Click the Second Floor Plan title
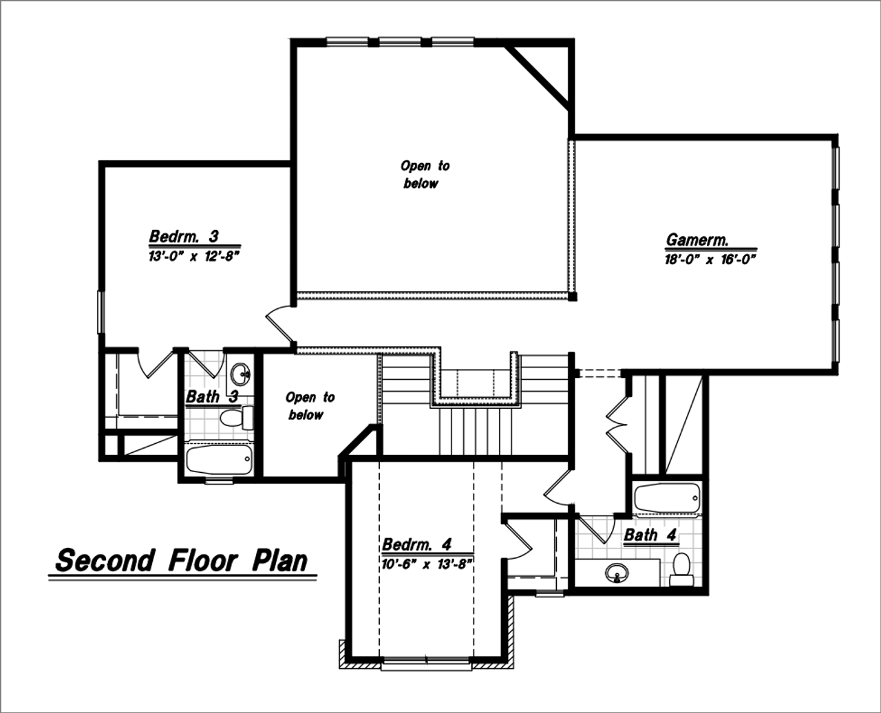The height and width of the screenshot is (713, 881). point(182,560)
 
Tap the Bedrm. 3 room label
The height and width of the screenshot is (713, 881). point(184,237)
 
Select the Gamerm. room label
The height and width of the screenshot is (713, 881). point(697,240)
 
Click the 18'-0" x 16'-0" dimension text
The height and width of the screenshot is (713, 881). point(710,259)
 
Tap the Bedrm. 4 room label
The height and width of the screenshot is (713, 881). point(416,544)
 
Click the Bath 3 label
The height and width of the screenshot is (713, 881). point(212,397)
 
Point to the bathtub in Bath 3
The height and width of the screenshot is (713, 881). point(220,459)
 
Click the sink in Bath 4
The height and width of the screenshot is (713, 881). point(617,573)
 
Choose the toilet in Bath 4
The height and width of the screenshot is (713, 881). point(681,567)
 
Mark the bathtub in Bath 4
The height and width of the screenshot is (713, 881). point(666,497)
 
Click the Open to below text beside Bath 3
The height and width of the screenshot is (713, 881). point(309,406)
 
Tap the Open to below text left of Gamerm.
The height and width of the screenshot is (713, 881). point(424,175)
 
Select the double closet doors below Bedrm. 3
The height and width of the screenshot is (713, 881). point(156,363)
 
